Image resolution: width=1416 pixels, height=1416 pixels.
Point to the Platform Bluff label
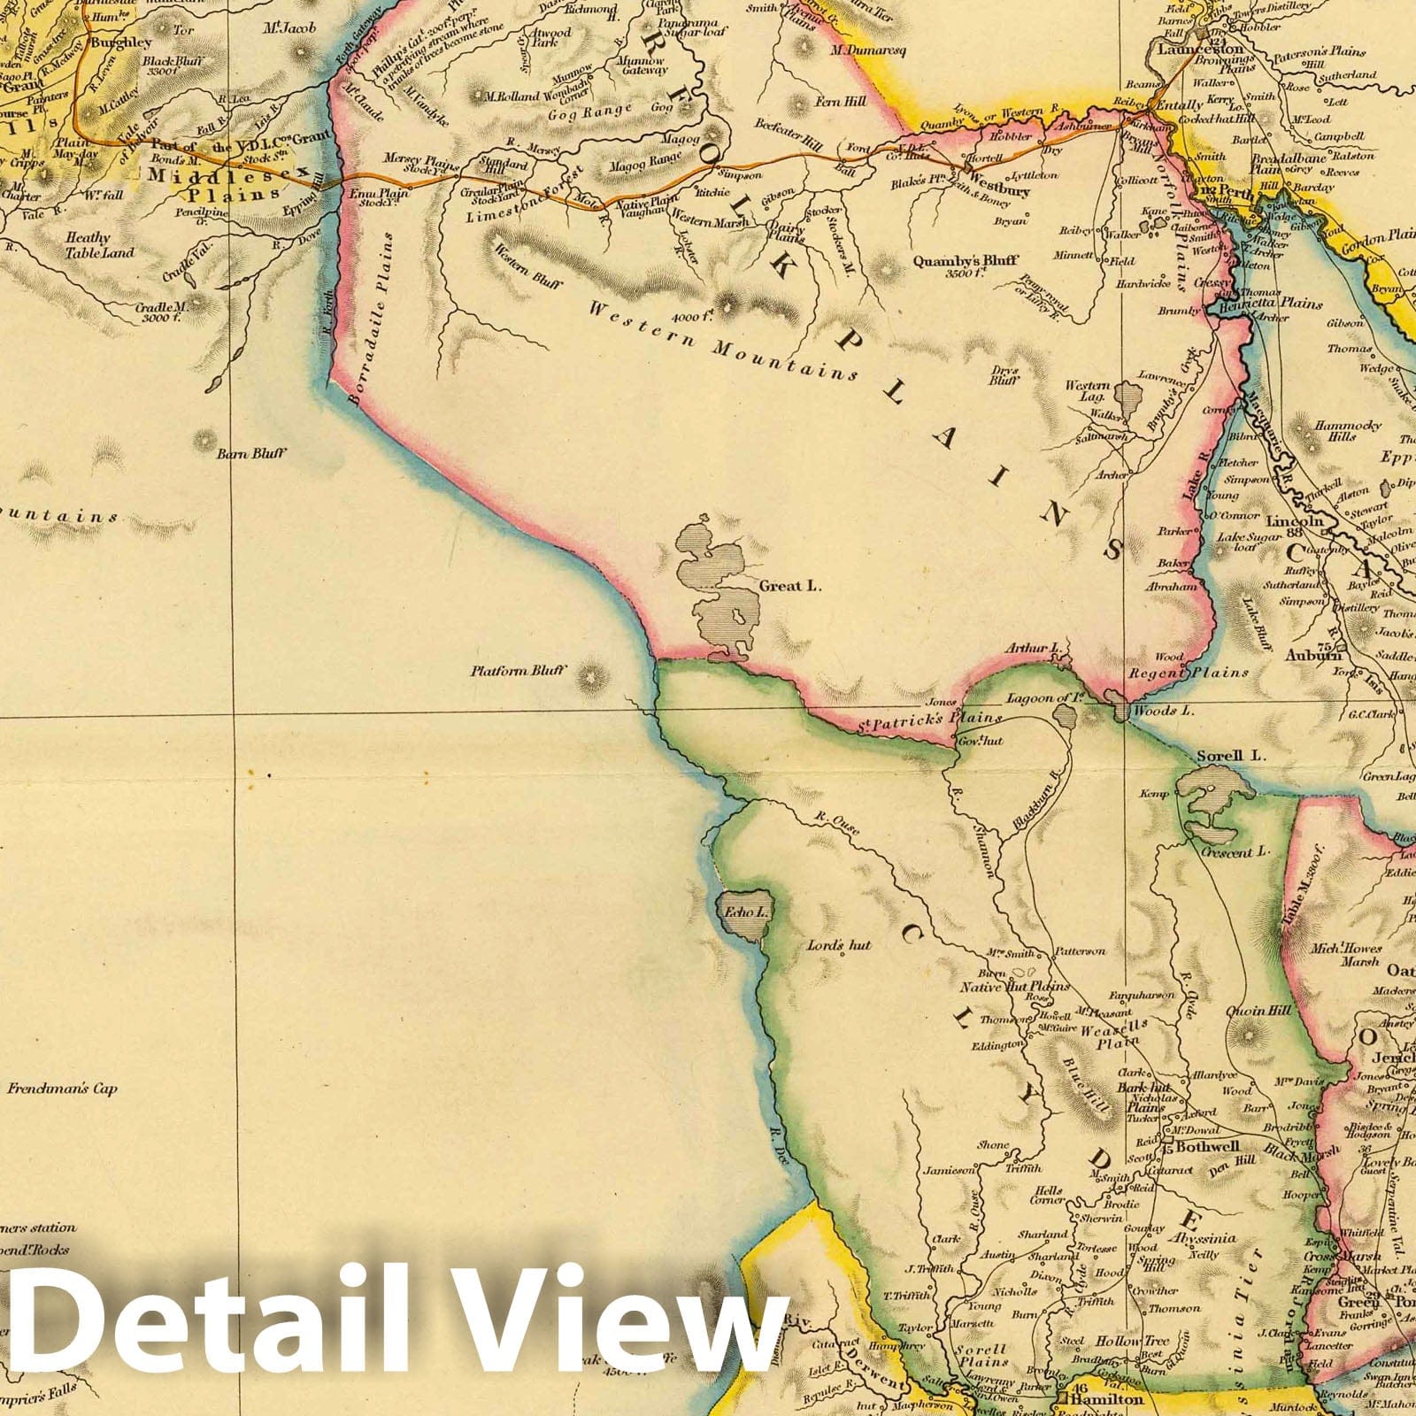518,672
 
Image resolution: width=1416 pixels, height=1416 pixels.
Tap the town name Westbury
998,189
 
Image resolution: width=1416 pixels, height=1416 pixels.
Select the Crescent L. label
1235,852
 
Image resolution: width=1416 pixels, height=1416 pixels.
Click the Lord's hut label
839,946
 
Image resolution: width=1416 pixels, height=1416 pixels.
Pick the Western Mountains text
720,341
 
